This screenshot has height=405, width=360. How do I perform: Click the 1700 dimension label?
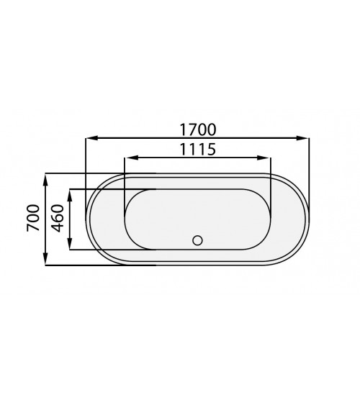point(198,129)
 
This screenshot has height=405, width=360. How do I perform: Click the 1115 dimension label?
point(198,150)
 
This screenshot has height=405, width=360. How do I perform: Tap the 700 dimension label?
point(33,218)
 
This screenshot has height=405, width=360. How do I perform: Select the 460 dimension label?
point(58,218)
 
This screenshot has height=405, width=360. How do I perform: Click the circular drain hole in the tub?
point(197,240)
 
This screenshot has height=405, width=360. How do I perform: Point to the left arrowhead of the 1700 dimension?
point(92,138)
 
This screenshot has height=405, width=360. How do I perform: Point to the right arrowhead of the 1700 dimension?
point(302,138)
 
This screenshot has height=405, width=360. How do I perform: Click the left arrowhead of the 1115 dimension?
point(131,158)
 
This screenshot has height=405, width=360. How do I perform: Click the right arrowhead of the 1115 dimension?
point(264,158)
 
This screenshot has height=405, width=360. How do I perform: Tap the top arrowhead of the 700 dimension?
point(45,180)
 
